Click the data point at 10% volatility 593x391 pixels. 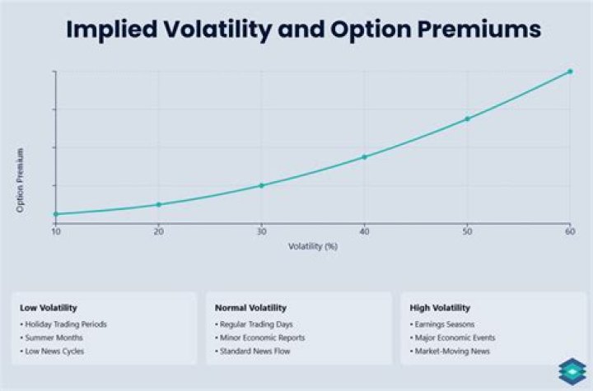pyautogui.click(x=56, y=214)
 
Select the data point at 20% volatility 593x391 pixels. pyautogui.click(x=159, y=205)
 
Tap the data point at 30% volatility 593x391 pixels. pyautogui.click(x=261, y=185)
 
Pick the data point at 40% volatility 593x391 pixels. pyautogui.click(x=364, y=157)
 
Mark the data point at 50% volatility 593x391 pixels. pyautogui.click(x=468, y=119)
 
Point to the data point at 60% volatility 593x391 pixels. pyautogui.click(x=570, y=71)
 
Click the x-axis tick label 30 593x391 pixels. pyautogui.click(x=262, y=231)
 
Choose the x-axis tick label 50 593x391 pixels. pyautogui.click(x=468, y=231)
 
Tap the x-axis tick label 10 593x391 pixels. pyautogui.click(x=56, y=231)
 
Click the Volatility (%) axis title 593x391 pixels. pyautogui.click(x=313, y=247)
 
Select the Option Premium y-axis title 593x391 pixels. pyautogui.click(x=20, y=180)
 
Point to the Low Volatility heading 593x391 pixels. pyautogui.click(x=49, y=308)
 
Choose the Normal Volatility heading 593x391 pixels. pyautogui.click(x=250, y=308)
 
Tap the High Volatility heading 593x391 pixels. pyautogui.click(x=440, y=308)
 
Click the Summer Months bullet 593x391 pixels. pyautogui.click(x=52, y=337)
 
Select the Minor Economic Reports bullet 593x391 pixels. pyautogui.click(x=260, y=337)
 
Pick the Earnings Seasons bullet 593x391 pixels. pyautogui.click(x=442, y=324)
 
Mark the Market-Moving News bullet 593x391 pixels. pyautogui.click(x=450, y=351)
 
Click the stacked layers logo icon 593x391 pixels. pyautogui.click(x=572, y=372)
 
